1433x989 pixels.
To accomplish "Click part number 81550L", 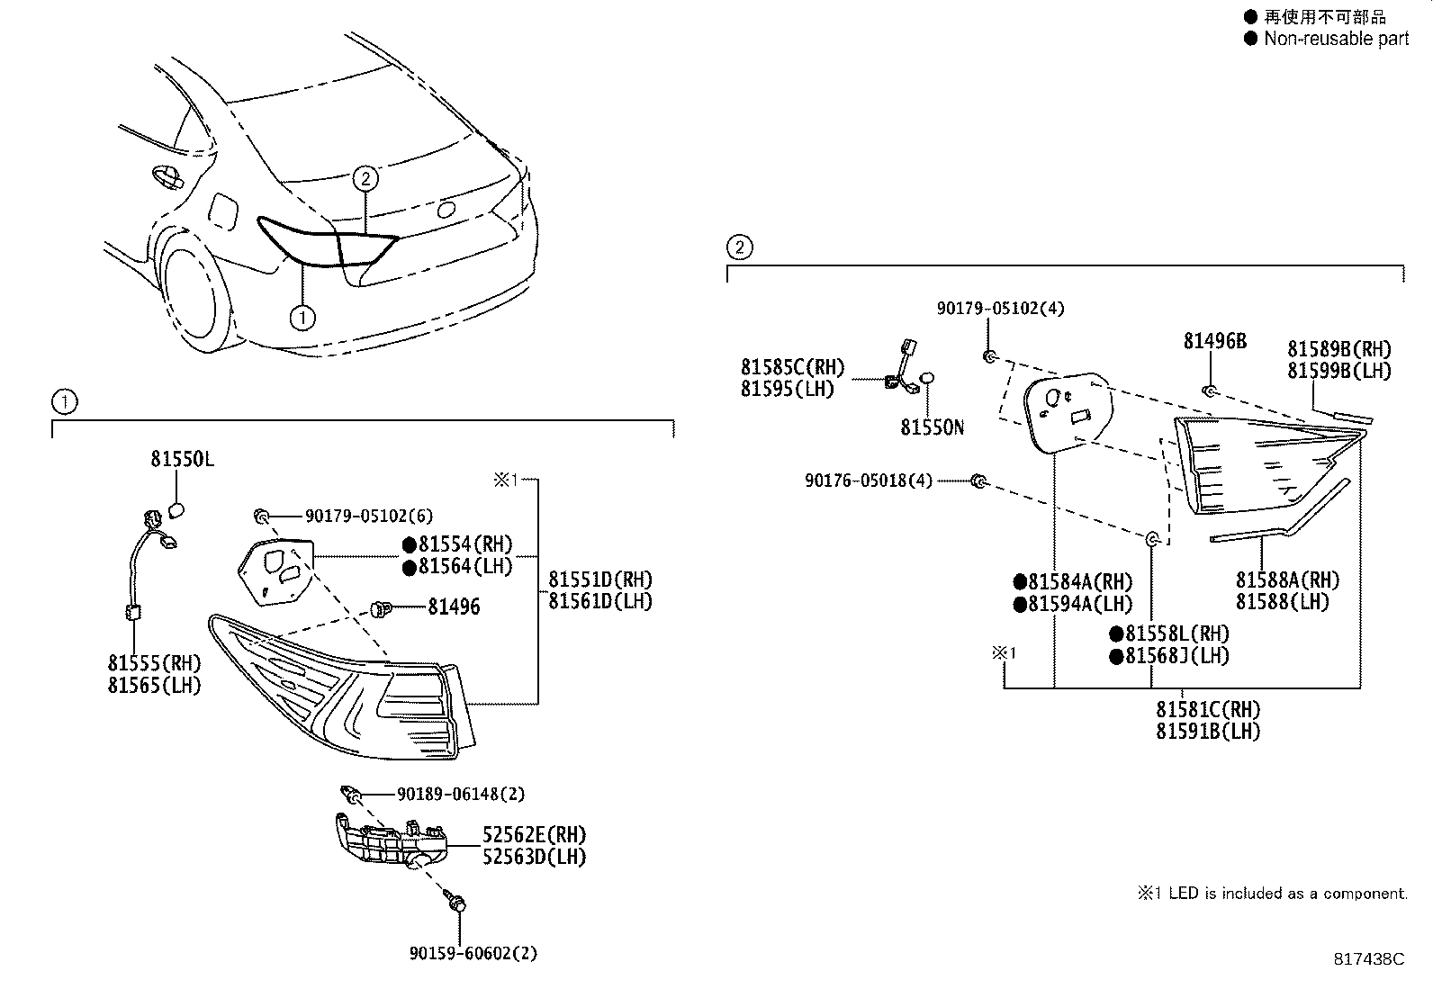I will tap(182, 459).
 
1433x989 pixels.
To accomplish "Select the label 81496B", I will tap(1214, 341).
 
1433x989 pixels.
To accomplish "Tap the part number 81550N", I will tap(932, 427).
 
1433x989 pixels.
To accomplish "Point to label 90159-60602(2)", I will tap(473, 953).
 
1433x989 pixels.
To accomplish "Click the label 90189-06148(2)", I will tap(460, 795).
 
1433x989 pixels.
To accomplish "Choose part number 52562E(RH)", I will tap(534, 835).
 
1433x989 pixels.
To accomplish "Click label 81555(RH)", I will tap(154, 663).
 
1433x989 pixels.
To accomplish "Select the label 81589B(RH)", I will tap(1338, 349).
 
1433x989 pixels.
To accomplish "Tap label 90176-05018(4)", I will tap(869, 481).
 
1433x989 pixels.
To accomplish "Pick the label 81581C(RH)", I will tap(1208, 709).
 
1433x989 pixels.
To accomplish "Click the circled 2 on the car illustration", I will tap(365, 178).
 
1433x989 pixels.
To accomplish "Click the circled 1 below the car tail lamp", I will tap(302, 317).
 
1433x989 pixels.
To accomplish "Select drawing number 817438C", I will tap(1368, 959).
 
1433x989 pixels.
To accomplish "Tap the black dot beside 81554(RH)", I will tap(409, 544).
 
